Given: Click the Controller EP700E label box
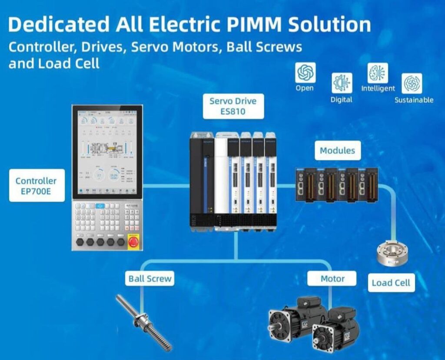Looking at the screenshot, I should [x=36, y=186].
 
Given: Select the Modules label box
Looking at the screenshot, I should [x=337, y=151].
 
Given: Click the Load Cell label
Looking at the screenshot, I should [x=391, y=283].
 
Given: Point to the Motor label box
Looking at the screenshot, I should [x=332, y=279].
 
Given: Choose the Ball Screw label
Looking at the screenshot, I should [x=150, y=279].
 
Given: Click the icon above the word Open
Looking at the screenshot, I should [x=306, y=72].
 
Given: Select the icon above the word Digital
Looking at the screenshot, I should [x=342, y=83].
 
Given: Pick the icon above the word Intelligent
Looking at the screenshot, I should [x=378, y=73].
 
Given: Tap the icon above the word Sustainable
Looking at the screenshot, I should [x=412, y=83].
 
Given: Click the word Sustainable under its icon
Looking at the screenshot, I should [x=414, y=100].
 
